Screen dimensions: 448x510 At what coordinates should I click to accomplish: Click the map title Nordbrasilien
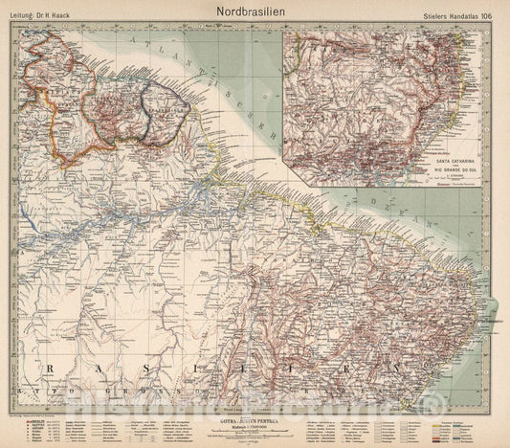click(255, 8)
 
